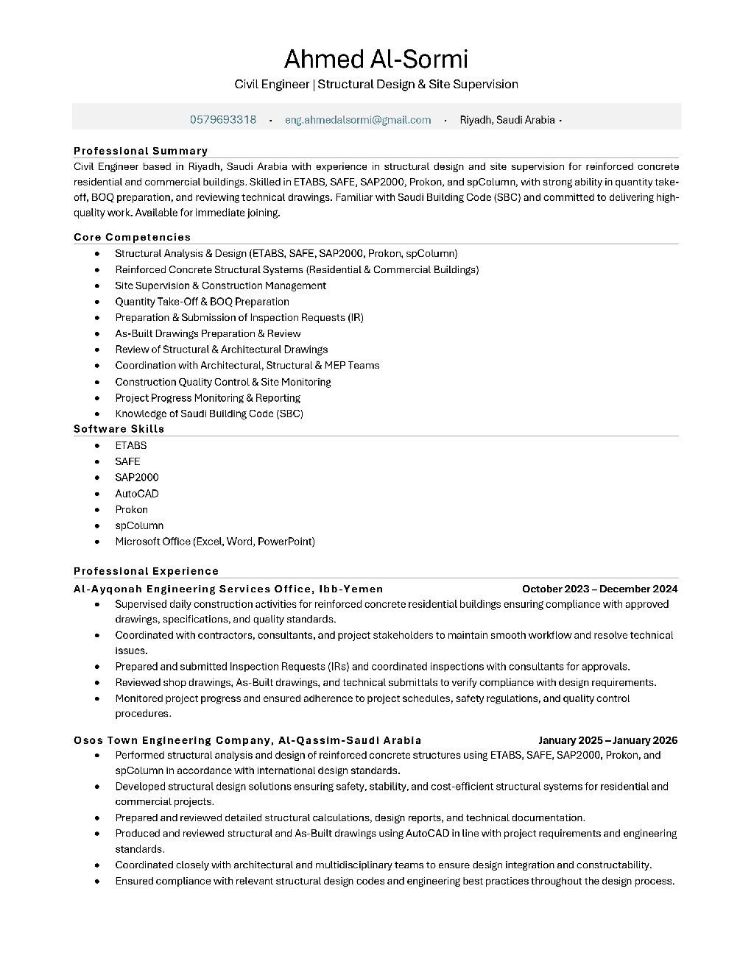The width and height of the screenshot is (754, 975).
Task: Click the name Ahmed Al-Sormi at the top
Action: pyautogui.click(x=376, y=59)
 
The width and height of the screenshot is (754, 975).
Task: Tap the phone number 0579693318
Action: pyautogui.click(x=223, y=120)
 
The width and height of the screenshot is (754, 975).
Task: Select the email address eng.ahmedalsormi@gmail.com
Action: pyautogui.click(x=358, y=120)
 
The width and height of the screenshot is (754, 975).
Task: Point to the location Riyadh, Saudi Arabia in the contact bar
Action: pyautogui.click(x=507, y=120)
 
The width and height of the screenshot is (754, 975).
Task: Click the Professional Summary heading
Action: pyautogui.click(x=141, y=151)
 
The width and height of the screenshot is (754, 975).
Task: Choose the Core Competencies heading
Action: pyautogui.click(x=132, y=237)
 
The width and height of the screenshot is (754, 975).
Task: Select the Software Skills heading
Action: pyautogui.click(x=119, y=428)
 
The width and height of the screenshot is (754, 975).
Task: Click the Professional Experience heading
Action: pyautogui.click(x=146, y=571)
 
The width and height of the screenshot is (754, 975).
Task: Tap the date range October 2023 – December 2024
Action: pyautogui.click(x=599, y=589)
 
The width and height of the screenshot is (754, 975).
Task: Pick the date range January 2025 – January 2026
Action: pyautogui.click(x=607, y=740)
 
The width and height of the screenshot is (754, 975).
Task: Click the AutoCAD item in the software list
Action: pyautogui.click(x=137, y=494)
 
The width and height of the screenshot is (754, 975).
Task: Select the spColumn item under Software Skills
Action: pyautogui.click(x=139, y=525)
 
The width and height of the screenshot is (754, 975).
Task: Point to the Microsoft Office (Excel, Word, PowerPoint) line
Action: pyautogui.click(x=215, y=542)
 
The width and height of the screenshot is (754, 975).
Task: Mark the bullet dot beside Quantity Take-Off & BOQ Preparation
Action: pyautogui.click(x=97, y=302)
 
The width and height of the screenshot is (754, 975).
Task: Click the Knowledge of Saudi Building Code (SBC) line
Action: pyautogui.click(x=209, y=414)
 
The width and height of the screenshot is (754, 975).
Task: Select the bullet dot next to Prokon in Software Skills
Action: pyautogui.click(x=97, y=509)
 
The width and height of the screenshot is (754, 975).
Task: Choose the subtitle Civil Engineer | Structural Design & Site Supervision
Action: pyautogui.click(x=376, y=85)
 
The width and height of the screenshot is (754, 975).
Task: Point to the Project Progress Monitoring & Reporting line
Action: pyautogui.click(x=208, y=398)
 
